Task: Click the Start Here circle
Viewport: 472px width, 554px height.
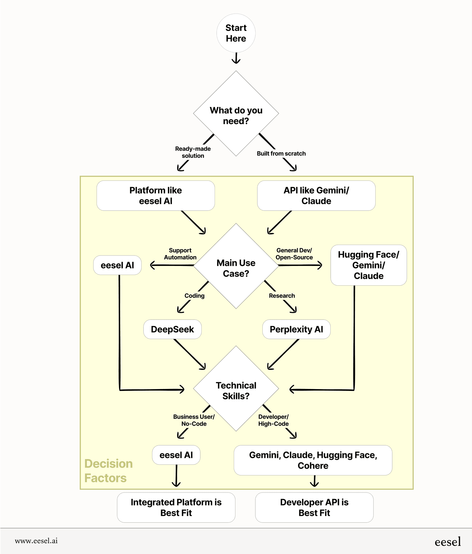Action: pos(236,33)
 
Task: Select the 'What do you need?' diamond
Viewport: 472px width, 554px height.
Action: pos(236,115)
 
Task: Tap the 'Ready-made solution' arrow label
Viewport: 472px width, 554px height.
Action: pos(193,152)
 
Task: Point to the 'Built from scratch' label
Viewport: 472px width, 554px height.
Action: pos(281,153)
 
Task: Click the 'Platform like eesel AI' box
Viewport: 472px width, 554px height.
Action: pos(155,195)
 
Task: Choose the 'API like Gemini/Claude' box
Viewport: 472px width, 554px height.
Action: pos(316,195)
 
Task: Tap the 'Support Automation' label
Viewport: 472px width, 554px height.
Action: pos(180,254)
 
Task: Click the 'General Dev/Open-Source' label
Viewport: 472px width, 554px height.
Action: pos(294,254)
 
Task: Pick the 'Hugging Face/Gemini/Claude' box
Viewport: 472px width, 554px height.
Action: pos(368,265)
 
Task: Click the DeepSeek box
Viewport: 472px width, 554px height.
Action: pos(172,329)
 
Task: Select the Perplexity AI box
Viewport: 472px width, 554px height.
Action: pos(296,329)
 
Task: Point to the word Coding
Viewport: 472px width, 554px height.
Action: pos(194,295)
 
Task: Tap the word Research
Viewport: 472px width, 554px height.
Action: pos(282,295)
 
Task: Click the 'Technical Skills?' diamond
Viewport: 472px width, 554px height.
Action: pos(236,390)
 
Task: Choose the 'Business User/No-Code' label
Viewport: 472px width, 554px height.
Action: pos(194,420)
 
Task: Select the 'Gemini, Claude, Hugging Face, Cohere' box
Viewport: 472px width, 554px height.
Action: pos(313,460)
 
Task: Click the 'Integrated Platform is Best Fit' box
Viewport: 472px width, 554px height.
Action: pos(176,507)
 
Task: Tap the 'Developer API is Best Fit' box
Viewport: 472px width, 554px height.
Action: pos(314,507)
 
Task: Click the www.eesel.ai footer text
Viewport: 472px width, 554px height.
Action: pos(36,541)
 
